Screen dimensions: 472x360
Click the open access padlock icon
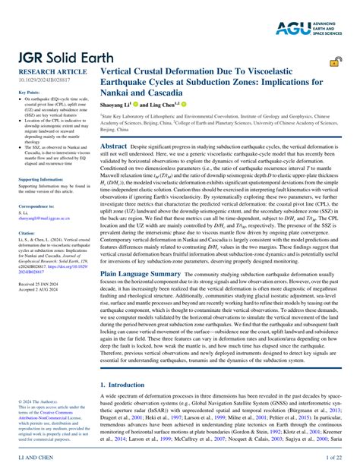[334, 65]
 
